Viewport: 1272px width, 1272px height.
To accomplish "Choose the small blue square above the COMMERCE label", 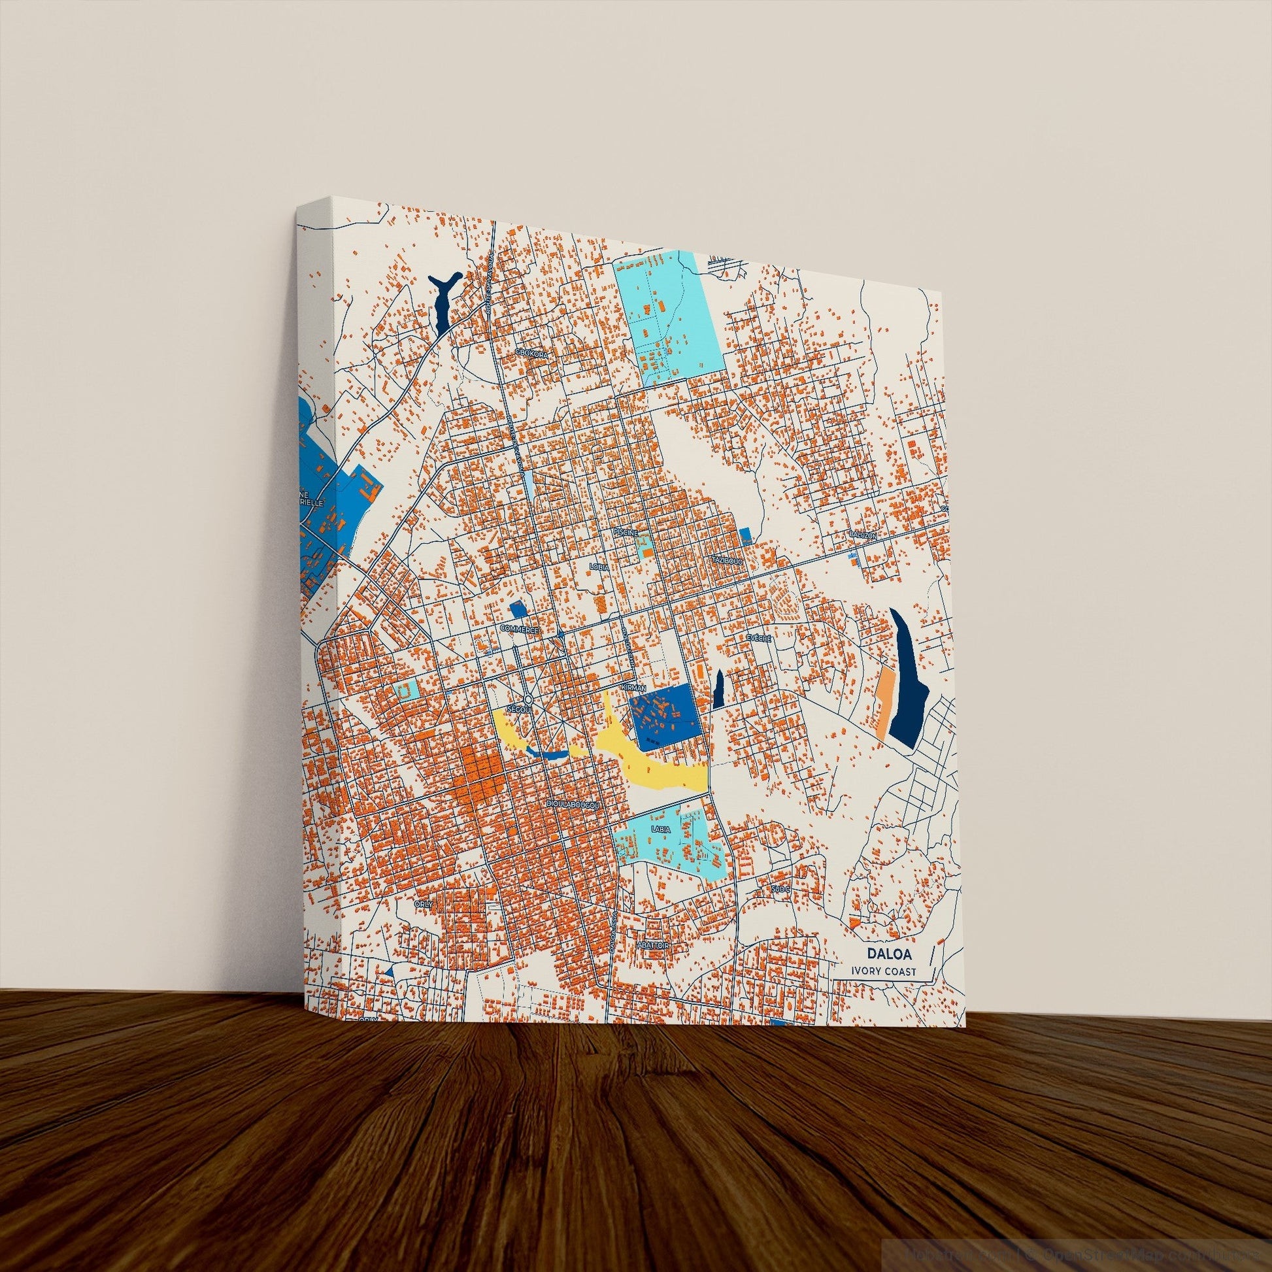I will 519,610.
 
